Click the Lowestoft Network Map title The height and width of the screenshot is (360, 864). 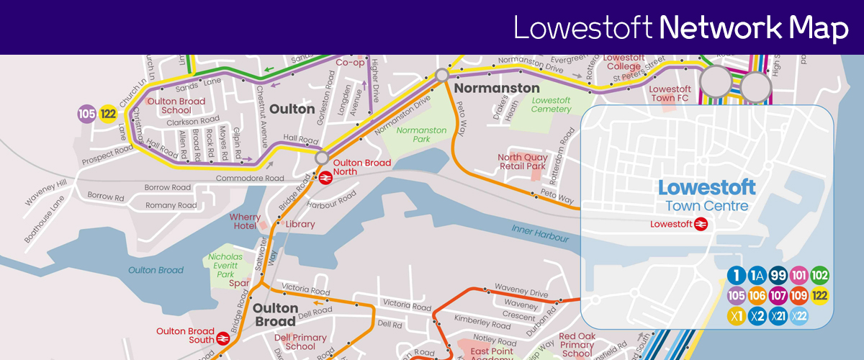[681, 28]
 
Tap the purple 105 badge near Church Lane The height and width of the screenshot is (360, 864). [87, 114]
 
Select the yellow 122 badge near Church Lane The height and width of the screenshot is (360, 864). [109, 114]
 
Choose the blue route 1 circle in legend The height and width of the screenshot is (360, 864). [736, 276]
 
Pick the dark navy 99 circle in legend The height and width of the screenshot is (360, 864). [778, 276]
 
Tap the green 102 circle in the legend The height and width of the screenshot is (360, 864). [820, 276]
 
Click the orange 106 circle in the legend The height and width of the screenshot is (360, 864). [757, 296]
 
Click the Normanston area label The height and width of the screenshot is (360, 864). [496, 89]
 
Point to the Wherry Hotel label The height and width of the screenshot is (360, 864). [245, 222]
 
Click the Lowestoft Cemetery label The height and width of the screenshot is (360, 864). [551, 105]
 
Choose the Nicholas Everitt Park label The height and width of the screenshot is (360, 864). [226, 266]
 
